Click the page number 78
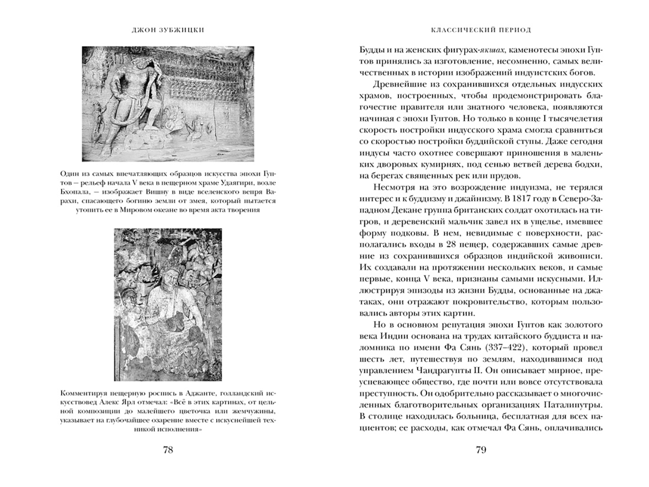[167, 450]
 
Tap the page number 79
[480, 450]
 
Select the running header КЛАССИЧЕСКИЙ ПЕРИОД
[481, 30]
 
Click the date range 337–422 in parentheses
[509, 348]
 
